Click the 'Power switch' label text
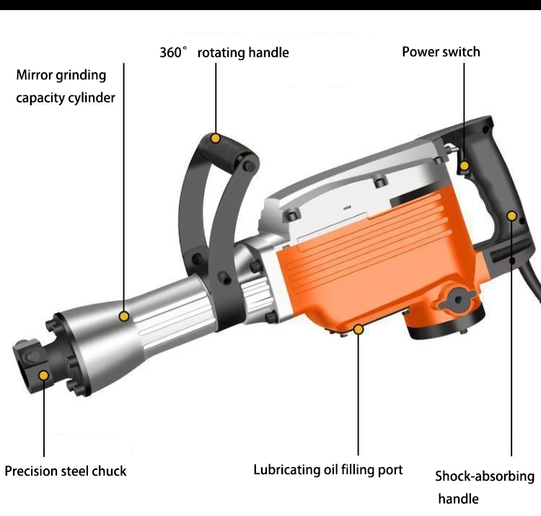(x=441, y=51)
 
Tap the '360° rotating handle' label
(x=224, y=53)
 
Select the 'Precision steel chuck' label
(x=66, y=471)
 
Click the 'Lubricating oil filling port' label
(x=327, y=470)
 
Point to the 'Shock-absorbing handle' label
(x=484, y=487)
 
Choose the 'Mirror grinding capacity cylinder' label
(x=65, y=86)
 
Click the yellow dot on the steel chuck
(x=44, y=375)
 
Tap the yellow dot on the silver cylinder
(x=124, y=316)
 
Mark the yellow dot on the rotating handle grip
(x=214, y=137)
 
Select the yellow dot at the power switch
(x=465, y=166)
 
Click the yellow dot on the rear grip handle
(x=511, y=215)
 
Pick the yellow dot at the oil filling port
(x=358, y=329)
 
